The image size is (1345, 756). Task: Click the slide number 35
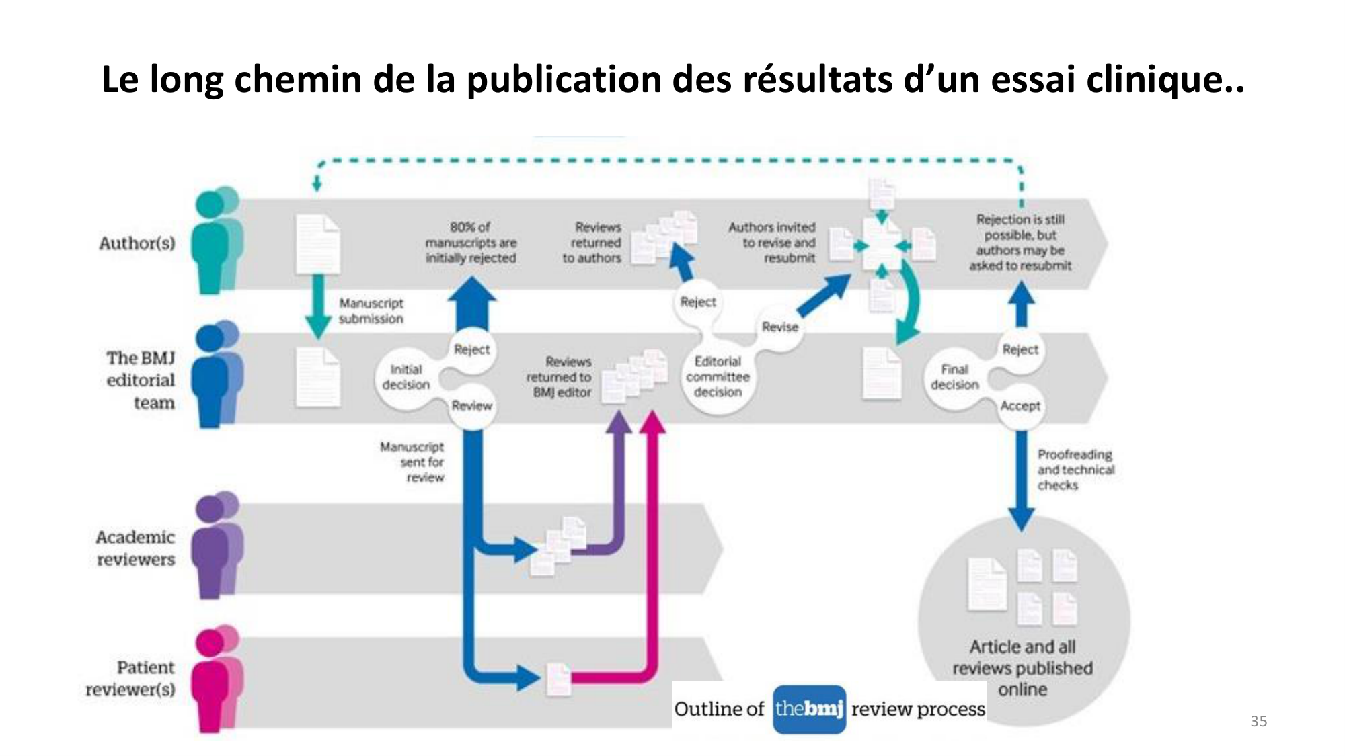[x=1258, y=721]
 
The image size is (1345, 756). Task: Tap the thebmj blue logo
[x=809, y=709]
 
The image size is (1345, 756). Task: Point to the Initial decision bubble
[x=406, y=378]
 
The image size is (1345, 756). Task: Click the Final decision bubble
[x=954, y=378]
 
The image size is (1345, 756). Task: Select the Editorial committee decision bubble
[x=718, y=377]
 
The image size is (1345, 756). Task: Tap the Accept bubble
[x=1020, y=406]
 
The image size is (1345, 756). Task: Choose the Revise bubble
[x=779, y=327]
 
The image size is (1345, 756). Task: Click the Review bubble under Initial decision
[x=471, y=406]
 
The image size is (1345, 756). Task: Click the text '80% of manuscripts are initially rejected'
[x=470, y=243]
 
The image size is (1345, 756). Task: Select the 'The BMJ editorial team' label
[x=141, y=380]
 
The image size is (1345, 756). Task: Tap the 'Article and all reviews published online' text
[x=1022, y=667]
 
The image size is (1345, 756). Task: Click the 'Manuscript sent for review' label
[x=413, y=462]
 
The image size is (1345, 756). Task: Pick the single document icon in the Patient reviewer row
[x=558, y=679]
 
